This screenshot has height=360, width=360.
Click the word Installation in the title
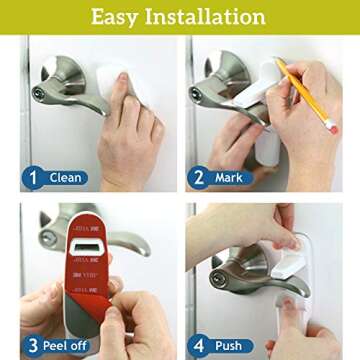[213, 17]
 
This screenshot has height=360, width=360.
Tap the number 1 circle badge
[33, 179]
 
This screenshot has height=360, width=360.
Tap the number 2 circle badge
[200, 179]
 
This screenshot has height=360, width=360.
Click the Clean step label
[66, 179]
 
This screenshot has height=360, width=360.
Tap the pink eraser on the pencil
[331, 125]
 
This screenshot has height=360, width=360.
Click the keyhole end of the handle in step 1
[39, 92]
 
